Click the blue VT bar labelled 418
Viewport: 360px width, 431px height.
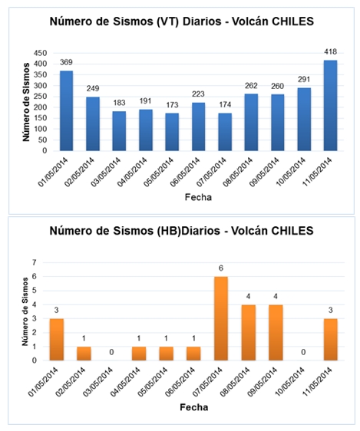pos(330,105)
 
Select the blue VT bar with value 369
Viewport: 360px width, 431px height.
pos(66,110)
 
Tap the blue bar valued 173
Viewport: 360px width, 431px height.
pos(172,132)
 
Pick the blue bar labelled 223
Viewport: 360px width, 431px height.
pos(198,127)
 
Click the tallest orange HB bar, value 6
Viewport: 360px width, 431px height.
pos(221,318)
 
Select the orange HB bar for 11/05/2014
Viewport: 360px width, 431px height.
pos(331,340)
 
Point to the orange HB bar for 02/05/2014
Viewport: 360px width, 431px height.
pos(84,354)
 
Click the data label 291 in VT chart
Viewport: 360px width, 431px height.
pos(304,80)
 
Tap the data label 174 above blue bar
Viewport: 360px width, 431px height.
pos(225,104)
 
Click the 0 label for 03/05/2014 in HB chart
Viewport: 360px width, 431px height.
pos(111,352)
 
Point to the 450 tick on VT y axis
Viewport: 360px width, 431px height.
pos(41,53)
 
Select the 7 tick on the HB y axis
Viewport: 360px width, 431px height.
pos(35,262)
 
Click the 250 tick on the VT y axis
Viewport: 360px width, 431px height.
pos(41,97)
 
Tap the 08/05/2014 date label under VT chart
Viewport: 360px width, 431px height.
pos(238,172)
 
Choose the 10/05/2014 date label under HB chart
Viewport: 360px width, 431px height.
pos(290,381)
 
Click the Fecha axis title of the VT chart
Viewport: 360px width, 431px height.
pos(198,197)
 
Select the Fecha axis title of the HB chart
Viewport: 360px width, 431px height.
pos(194,407)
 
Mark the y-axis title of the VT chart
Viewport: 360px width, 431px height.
pos(26,102)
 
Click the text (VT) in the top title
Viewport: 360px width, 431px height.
pos(168,21)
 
